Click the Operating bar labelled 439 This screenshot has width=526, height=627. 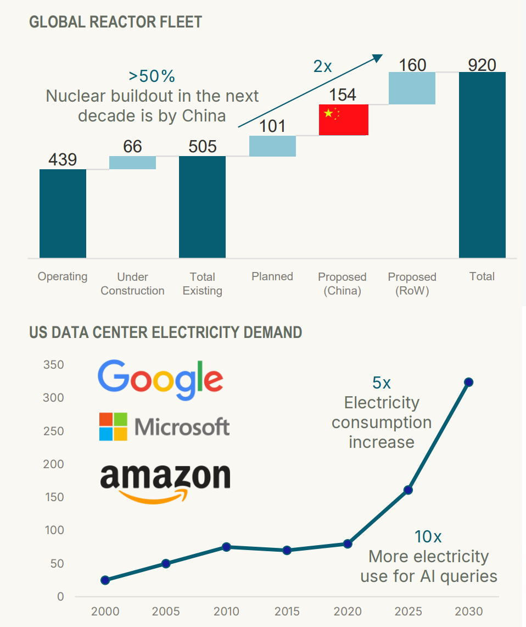63,213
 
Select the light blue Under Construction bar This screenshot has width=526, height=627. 132,163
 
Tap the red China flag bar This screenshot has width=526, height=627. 343,120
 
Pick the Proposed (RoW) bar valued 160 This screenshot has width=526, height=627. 412,88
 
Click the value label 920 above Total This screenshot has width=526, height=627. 482,65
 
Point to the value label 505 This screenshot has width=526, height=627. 202,147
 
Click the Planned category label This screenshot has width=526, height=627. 272,276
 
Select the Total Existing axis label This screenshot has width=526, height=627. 202,284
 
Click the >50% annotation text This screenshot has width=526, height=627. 152,76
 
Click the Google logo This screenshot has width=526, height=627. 160,380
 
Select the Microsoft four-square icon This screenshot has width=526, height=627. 113,426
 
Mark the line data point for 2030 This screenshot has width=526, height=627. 468,382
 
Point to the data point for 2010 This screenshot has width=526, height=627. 226,547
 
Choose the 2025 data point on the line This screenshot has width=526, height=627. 408,490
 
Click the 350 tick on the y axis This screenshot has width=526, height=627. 53,365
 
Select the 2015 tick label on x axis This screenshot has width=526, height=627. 287,612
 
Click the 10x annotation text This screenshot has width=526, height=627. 427,536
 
